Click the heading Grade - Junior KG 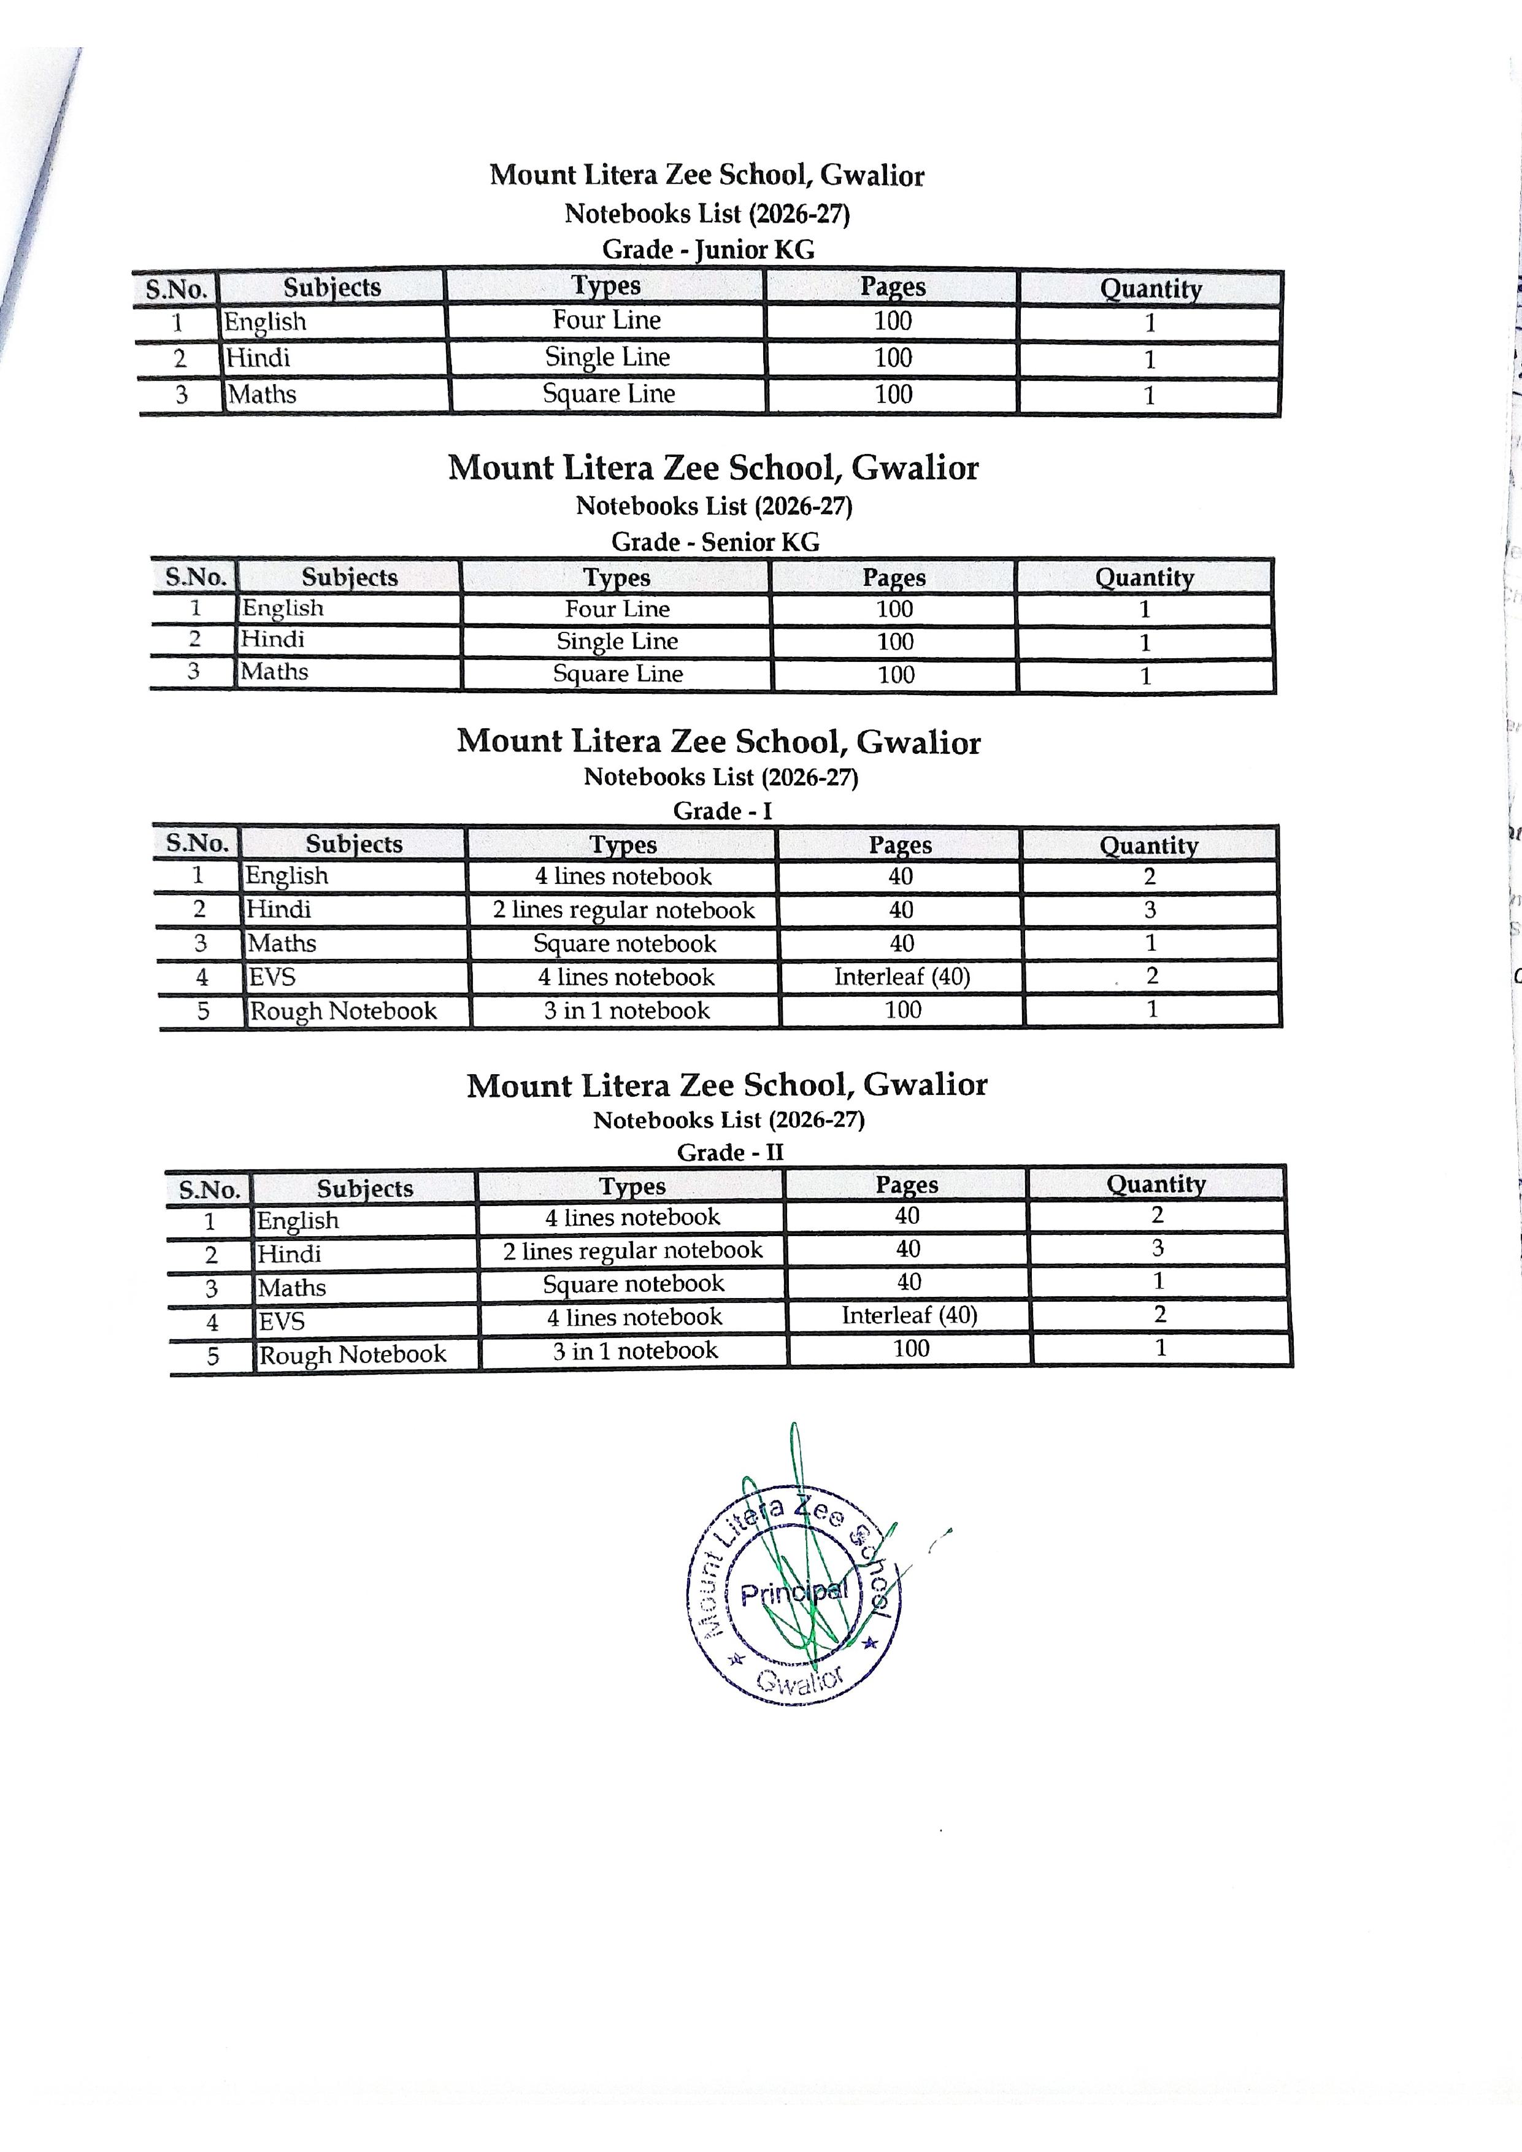pos(707,249)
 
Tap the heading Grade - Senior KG pos(715,542)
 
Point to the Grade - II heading pos(729,1152)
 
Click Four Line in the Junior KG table pos(606,321)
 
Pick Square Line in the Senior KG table pos(618,674)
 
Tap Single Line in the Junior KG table pos(607,357)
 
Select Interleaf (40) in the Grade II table pos(909,1315)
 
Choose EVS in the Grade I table pos(272,978)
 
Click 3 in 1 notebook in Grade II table pos(634,1351)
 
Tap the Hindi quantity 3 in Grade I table pos(1150,909)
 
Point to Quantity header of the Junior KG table pos(1150,289)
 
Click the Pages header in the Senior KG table pos(893,577)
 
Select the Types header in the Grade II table pos(632,1186)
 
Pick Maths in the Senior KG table pos(274,672)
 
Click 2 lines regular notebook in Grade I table pos(623,910)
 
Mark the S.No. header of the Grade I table pos(197,844)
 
